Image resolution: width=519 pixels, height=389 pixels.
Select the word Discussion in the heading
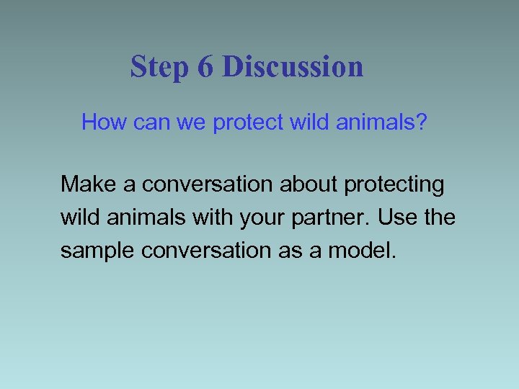pyautogui.click(x=293, y=67)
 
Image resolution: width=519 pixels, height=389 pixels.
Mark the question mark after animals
pyautogui.click(x=422, y=122)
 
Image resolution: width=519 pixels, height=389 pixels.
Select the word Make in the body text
pyautogui.click(x=89, y=184)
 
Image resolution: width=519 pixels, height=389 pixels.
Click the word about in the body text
pyautogui.click(x=309, y=184)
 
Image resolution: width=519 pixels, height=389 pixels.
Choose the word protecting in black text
pyautogui.click(x=394, y=185)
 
